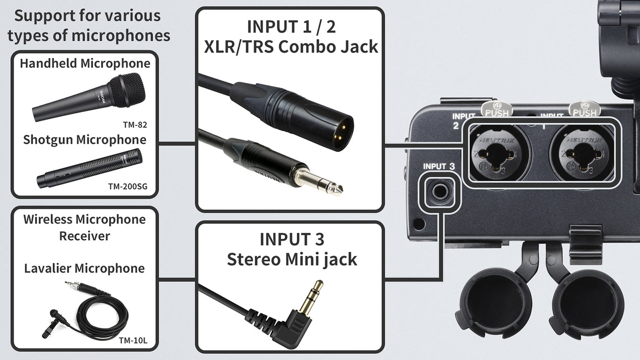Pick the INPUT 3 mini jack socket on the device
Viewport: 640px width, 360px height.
(x=439, y=191)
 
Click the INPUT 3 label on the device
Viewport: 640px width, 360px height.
(x=439, y=166)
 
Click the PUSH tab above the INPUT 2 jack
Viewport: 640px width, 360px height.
(x=496, y=109)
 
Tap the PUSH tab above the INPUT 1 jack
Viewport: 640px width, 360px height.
(x=584, y=109)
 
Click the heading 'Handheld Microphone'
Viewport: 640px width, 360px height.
(x=85, y=64)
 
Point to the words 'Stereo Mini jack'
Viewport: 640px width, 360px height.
(x=292, y=259)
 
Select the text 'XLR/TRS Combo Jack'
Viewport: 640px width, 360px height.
(x=291, y=47)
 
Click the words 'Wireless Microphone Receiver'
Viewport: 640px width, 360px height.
(x=85, y=227)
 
